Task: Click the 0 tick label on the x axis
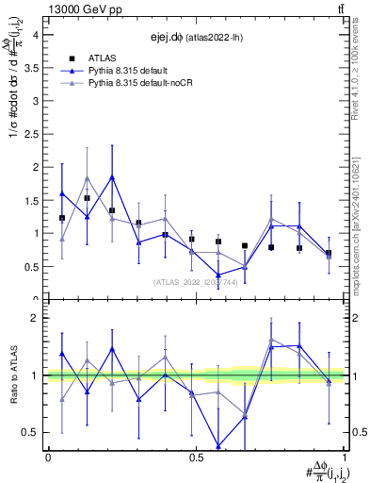(x=47, y=458)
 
